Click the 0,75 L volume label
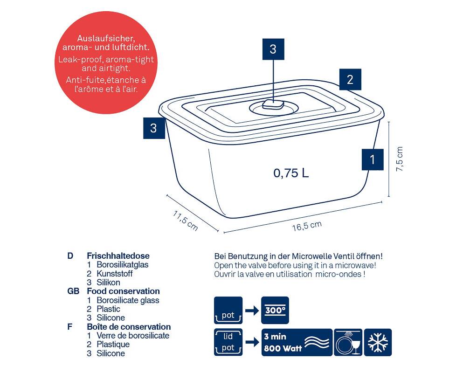tap(291, 173)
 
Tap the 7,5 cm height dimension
tap(400, 159)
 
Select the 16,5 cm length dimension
tap(307, 226)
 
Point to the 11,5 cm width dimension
tap(186, 221)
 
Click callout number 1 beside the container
tap(372, 159)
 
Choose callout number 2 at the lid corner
tap(350, 80)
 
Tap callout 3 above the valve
tap(273, 49)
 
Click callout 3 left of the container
tap(154, 128)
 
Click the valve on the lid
tap(272, 106)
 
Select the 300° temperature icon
tap(275, 310)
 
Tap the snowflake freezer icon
tap(377, 342)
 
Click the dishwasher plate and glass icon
tap(348, 342)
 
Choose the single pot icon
tap(228, 310)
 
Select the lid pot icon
tap(228, 342)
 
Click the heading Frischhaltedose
tap(118, 256)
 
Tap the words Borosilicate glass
tap(128, 300)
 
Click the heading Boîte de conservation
tap(129, 327)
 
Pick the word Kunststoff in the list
tap(115, 274)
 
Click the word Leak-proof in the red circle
tap(77, 60)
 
